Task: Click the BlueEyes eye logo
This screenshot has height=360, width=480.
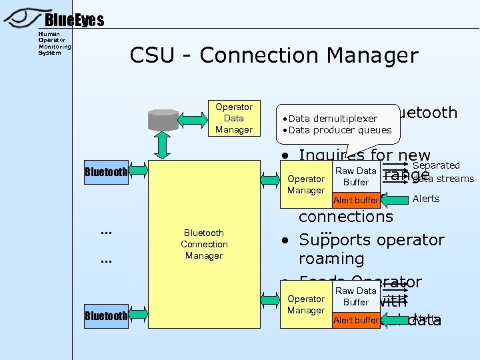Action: coord(23,17)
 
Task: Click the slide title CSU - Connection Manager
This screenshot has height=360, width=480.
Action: coord(274,55)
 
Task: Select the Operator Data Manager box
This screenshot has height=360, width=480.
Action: coord(233,118)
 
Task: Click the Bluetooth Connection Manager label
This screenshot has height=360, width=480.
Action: coord(204,244)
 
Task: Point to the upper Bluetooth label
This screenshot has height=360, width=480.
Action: coord(106,172)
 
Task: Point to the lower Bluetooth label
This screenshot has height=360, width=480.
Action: coord(106,315)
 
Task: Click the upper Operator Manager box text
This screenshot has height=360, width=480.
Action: coord(305,185)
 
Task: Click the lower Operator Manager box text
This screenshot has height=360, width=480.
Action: coord(305,305)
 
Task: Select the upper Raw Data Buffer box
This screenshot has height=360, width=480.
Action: coord(356,177)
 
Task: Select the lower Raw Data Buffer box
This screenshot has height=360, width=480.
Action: coord(356,297)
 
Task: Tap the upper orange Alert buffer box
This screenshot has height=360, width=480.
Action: coord(356,200)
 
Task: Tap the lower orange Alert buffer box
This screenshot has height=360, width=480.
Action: coord(356,321)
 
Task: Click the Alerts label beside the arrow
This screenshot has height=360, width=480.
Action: coord(426,199)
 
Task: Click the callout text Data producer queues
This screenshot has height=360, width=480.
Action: coord(340,130)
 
